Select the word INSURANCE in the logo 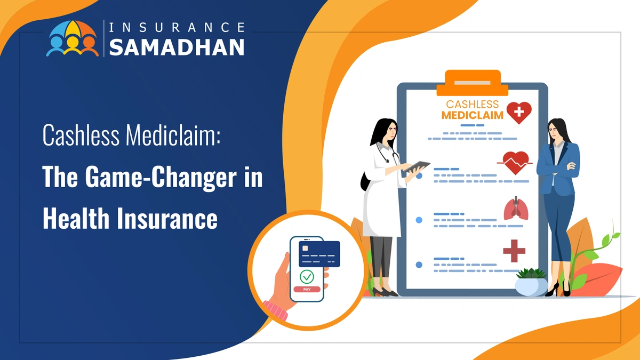point(177,26)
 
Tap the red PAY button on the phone point(307,289)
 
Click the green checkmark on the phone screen point(307,276)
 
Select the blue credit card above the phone point(319,253)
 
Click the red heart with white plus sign point(519,113)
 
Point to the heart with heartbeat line point(515,162)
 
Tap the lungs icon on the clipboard point(516,210)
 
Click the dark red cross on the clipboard point(514,251)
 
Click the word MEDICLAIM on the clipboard point(473,115)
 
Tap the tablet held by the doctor point(415,166)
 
